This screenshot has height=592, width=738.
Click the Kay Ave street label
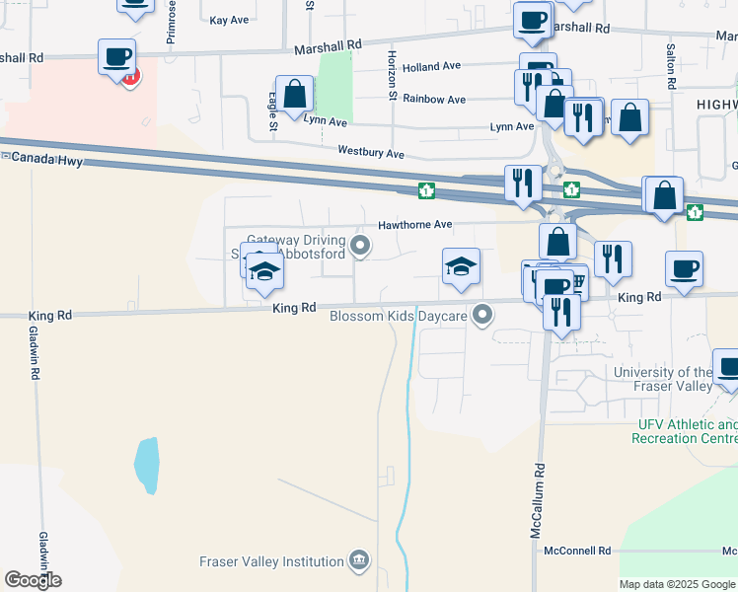tap(229, 20)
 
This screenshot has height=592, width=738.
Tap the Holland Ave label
tap(432, 67)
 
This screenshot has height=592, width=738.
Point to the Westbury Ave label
tap(371, 154)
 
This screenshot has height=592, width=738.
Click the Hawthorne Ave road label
tap(414, 225)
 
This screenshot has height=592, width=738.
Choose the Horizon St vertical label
tap(392, 76)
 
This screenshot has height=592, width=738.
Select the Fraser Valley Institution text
tap(271, 562)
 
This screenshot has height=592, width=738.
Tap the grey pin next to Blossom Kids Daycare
tap(482, 316)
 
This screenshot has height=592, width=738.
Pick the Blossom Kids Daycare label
tap(398, 317)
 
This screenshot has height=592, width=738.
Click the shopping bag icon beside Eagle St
tap(295, 96)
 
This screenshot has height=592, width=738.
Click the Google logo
tap(33, 580)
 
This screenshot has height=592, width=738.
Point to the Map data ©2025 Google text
tap(677, 584)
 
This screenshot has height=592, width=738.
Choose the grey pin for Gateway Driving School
tap(360, 247)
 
